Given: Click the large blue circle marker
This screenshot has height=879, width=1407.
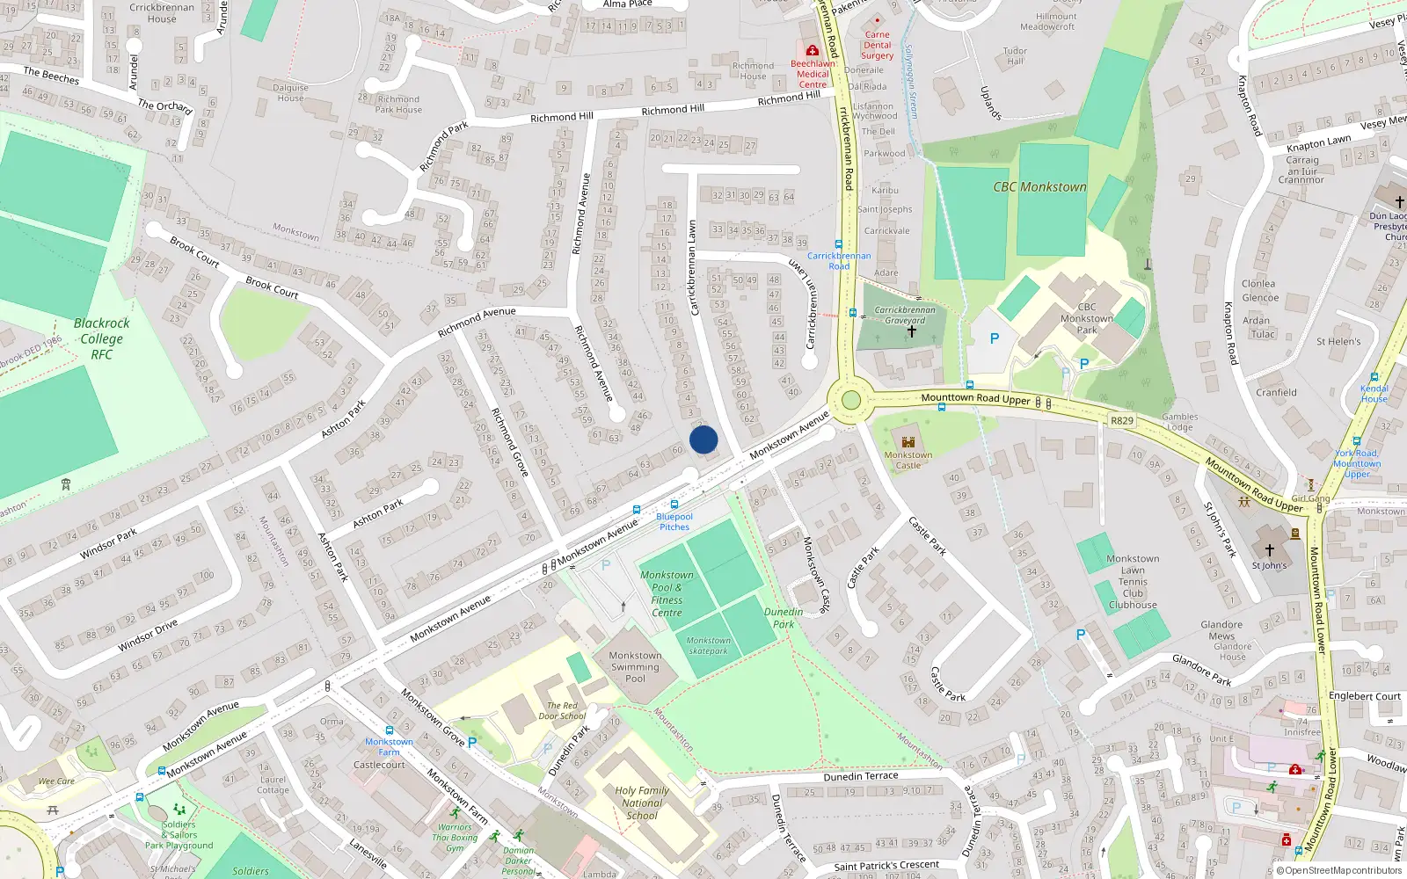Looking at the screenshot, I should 703,439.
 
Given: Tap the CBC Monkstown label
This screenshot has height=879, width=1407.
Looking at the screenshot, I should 1039,187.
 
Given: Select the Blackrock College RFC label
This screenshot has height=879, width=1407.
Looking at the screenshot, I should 101,338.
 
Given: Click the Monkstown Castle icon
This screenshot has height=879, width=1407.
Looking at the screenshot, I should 908,441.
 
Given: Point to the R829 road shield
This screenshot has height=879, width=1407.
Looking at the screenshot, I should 1121,420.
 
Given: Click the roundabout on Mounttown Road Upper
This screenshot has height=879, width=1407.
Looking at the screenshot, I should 850,401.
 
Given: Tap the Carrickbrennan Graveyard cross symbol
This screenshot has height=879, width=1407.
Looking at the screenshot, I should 912,331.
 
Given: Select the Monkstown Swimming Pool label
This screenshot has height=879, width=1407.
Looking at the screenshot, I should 635,667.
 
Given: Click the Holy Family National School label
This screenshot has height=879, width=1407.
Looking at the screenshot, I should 642,803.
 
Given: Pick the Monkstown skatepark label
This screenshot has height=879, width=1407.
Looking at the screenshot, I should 709,646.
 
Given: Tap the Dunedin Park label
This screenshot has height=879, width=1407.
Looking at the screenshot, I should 784,618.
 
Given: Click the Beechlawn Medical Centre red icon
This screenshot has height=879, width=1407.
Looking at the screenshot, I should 812,51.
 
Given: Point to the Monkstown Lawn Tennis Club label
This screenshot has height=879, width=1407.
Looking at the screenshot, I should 1133,582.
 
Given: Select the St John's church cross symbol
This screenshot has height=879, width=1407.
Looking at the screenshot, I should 1269,550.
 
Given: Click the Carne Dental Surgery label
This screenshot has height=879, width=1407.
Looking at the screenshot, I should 877,46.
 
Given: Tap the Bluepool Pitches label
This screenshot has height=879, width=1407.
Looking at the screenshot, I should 674,522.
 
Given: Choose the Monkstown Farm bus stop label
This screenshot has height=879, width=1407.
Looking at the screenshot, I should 389,746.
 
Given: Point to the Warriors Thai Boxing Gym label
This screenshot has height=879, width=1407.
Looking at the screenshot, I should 455,837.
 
